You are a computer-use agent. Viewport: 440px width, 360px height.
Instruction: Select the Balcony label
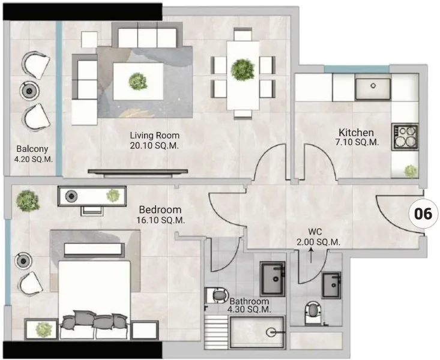pyautogui.click(x=32, y=149)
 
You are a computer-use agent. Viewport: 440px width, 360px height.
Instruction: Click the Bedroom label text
pyautogui.click(x=160, y=210)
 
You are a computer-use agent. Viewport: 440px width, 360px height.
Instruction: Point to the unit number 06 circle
pyautogui.click(x=424, y=213)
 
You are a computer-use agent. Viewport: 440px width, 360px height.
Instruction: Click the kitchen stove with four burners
pyautogui.click(x=404, y=137)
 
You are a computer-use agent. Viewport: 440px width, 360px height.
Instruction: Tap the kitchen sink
pyautogui.click(x=372, y=88)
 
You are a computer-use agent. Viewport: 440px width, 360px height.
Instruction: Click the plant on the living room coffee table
pyautogui.click(x=139, y=80)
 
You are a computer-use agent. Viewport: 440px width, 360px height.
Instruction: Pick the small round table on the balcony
pyautogui.click(x=30, y=89)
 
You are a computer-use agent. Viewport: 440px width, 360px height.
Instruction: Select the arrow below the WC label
pyautogui.click(x=311, y=256)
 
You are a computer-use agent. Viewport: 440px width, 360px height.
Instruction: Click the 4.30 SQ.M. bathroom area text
pyautogui.click(x=250, y=310)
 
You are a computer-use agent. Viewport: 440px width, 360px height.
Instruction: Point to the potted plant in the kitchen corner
pyautogui.click(x=411, y=171)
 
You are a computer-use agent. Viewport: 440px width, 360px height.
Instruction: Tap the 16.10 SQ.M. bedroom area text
pyautogui.click(x=161, y=220)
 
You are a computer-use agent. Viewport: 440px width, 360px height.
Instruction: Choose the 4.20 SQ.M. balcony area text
pyautogui.click(x=32, y=160)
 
